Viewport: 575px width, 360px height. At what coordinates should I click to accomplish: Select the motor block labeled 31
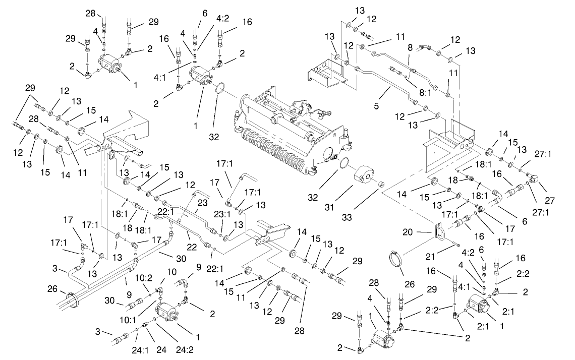pos(366,178)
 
